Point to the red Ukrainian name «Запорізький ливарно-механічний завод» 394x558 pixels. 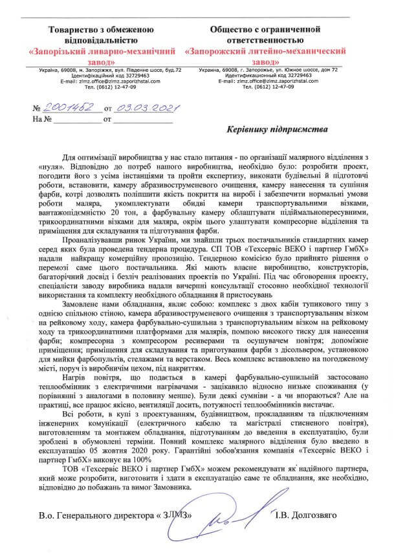(x=107, y=54)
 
